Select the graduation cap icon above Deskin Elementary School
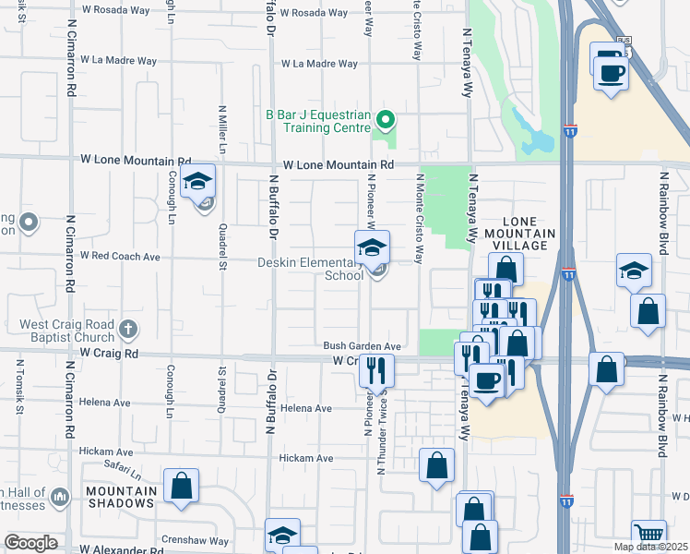click(x=373, y=247)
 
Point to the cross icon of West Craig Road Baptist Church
click(x=128, y=328)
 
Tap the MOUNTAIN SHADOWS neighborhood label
click(x=121, y=497)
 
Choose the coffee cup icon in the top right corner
click(x=611, y=69)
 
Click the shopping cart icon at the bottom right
click(x=649, y=533)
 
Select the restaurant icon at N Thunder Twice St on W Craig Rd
click(x=376, y=371)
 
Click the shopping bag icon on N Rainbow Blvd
click(x=648, y=311)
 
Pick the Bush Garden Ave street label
click(x=362, y=346)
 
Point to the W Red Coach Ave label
click(x=120, y=256)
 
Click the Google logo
click(x=30, y=543)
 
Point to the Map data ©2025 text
click(x=650, y=547)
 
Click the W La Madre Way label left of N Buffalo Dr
click(x=116, y=59)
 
